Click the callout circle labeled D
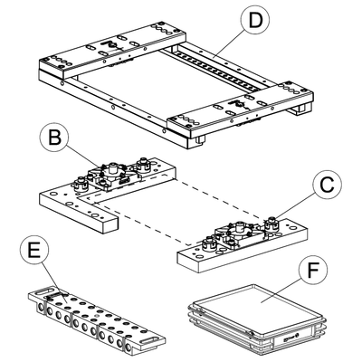point(255,20)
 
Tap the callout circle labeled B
point(54,138)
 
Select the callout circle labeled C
point(327,185)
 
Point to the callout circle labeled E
point(34,250)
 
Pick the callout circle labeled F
point(313,271)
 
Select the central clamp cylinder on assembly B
point(113,167)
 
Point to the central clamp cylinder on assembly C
point(240,227)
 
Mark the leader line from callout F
point(281,291)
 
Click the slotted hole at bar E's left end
point(43,291)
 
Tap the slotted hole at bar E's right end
point(151,340)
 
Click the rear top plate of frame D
point(112,48)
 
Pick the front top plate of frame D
point(240,109)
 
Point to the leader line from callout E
point(54,282)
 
